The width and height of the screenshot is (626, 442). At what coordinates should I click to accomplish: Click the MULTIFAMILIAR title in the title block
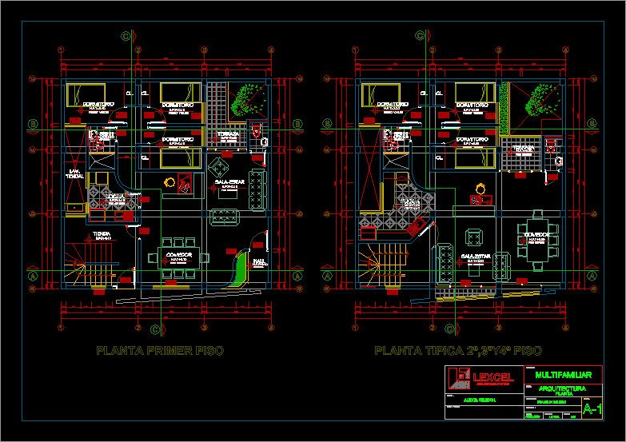(x=563, y=375)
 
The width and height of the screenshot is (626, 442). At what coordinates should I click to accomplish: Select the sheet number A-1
(x=592, y=410)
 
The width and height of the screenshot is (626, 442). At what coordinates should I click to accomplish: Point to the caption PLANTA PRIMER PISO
(x=160, y=351)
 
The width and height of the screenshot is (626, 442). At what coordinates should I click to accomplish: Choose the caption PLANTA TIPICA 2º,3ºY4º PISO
(x=458, y=351)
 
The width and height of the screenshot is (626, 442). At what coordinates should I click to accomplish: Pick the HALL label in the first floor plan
(x=260, y=261)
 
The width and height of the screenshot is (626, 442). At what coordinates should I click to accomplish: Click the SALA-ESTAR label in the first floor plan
(x=230, y=182)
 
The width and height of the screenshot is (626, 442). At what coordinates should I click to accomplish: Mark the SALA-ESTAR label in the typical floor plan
(x=475, y=256)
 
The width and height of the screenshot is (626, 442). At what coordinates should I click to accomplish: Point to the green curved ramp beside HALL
(x=241, y=269)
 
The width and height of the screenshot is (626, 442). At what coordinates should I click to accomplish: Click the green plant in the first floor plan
(x=243, y=101)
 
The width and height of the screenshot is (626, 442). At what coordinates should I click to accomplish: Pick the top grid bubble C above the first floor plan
(x=126, y=35)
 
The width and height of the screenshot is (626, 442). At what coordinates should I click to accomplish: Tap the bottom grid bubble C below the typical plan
(x=449, y=329)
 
